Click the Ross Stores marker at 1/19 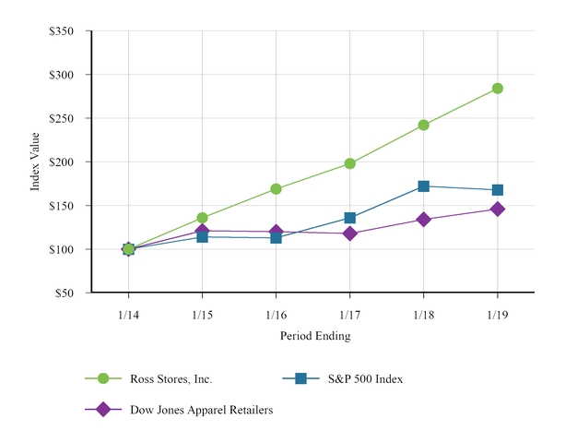[x=498, y=89]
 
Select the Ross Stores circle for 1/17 [x=350, y=163]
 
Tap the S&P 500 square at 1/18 [x=424, y=186]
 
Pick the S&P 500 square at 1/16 [x=276, y=238]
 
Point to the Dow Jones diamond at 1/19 [x=498, y=210]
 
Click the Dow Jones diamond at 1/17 [x=350, y=233]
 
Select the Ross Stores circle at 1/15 [x=202, y=218]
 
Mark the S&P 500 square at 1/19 [x=498, y=190]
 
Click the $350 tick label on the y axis [x=62, y=31]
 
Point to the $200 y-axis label [x=62, y=162]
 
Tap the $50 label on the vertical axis [x=65, y=293]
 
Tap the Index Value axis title [x=36, y=162]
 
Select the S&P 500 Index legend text [x=367, y=378]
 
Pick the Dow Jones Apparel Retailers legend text [x=197, y=410]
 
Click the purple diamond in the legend [x=103, y=410]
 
